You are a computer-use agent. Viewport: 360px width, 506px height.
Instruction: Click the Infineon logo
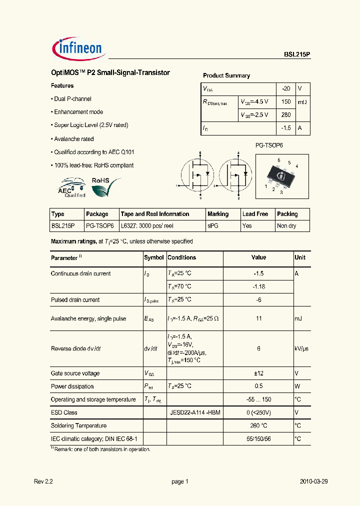[78, 48]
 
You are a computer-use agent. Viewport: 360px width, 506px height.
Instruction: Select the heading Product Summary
[226, 75]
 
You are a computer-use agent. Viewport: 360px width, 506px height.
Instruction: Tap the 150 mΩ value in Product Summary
[286, 101]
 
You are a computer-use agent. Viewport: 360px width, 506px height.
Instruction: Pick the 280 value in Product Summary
[286, 115]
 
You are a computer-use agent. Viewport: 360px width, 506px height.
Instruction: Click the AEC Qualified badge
[72, 187]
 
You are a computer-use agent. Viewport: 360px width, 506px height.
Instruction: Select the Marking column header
[218, 214]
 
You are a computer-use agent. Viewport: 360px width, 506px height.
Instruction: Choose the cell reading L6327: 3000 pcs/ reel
[147, 226]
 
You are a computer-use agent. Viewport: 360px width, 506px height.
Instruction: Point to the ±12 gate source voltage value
[258, 373]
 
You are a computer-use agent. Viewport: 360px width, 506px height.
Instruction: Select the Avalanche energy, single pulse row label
[88, 318]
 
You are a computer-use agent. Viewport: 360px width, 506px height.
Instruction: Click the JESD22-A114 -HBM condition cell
[195, 412]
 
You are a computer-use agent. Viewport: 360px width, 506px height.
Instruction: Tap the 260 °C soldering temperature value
[258, 425]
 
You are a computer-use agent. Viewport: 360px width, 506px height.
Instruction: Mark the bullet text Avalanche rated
[73, 139]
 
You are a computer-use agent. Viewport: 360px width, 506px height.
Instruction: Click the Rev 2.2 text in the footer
[43, 481]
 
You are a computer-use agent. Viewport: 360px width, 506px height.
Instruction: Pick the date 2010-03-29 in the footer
[313, 481]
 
